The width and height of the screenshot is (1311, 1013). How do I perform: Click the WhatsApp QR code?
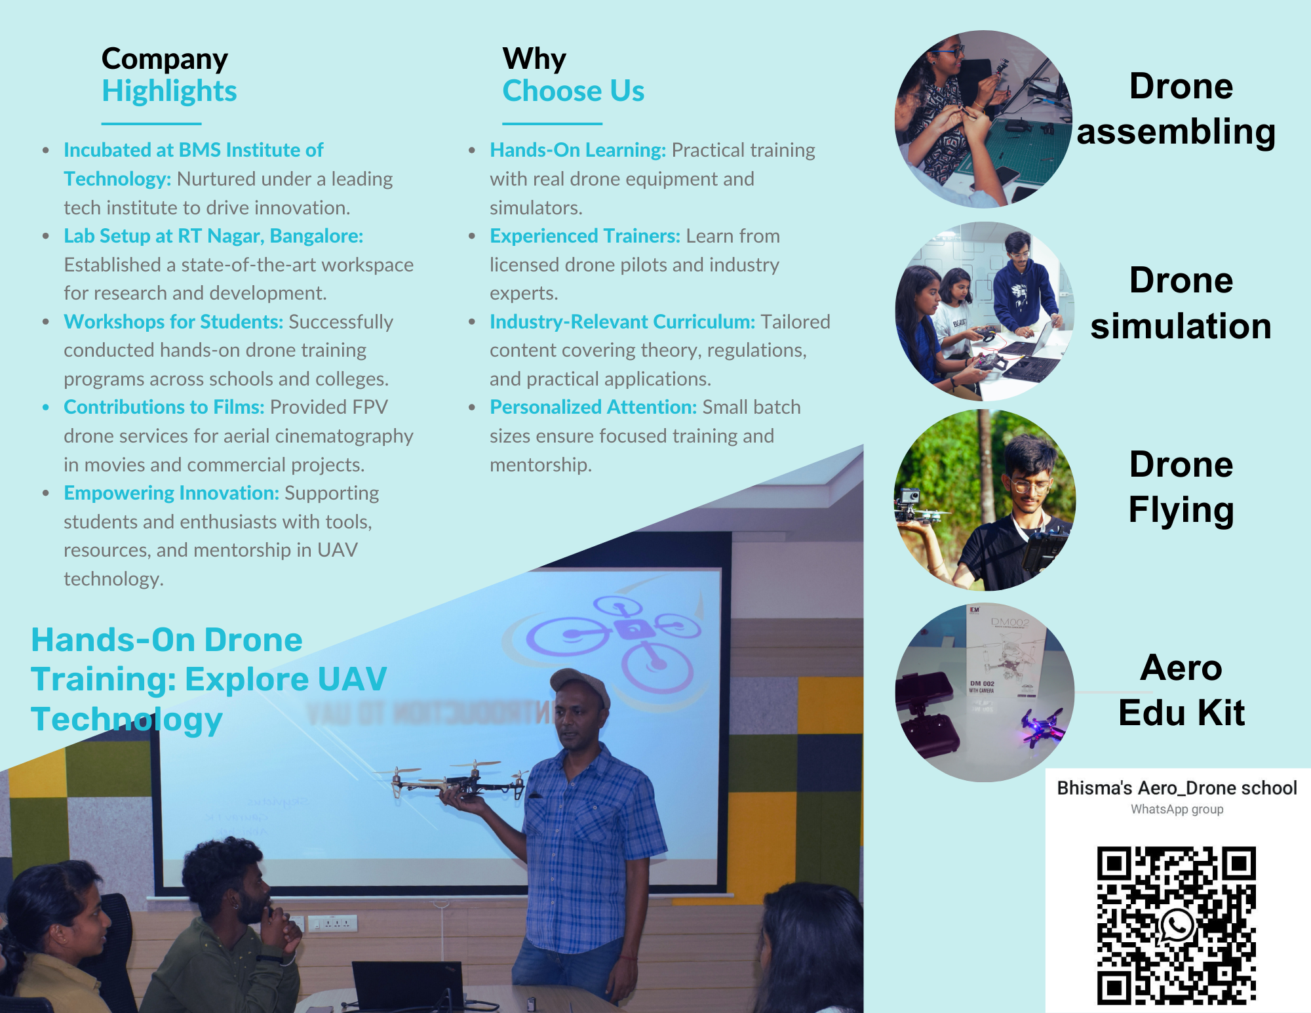tap(1177, 925)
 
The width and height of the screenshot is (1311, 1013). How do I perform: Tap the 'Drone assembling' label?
tap(1177, 109)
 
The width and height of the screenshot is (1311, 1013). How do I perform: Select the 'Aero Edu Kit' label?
tap(1181, 690)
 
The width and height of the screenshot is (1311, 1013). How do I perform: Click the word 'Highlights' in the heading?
tap(169, 91)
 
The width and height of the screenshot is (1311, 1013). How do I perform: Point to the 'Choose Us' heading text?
tap(574, 90)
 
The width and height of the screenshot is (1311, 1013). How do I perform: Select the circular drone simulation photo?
tap(985, 311)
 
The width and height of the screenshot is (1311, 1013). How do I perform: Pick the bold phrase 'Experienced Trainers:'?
tap(585, 236)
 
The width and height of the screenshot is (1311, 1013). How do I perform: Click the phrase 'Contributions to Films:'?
tap(164, 407)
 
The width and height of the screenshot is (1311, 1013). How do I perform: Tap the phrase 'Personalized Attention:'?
tap(593, 407)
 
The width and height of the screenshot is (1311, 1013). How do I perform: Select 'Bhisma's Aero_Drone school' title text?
tap(1177, 787)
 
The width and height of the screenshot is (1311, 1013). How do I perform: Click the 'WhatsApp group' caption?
tap(1177, 809)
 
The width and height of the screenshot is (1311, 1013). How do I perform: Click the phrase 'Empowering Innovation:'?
tap(172, 493)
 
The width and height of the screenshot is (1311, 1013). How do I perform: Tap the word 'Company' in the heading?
tap(165, 59)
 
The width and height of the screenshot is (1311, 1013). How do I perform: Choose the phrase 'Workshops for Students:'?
tap(174, 322)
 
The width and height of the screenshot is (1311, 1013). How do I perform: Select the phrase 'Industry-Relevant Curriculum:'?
tap(623, 322)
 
